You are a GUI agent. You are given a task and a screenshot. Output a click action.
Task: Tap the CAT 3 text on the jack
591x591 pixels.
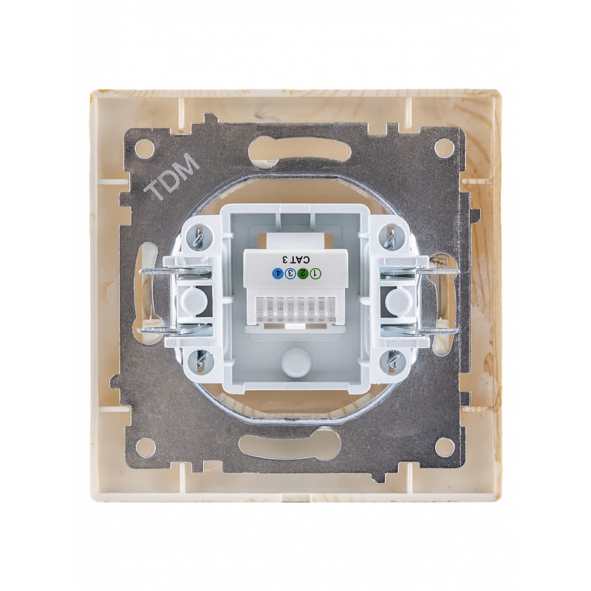tap(295, 260)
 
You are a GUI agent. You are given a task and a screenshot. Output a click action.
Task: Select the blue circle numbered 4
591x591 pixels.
tap(278, 273)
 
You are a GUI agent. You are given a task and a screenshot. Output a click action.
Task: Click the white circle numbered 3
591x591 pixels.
tap(290, 273)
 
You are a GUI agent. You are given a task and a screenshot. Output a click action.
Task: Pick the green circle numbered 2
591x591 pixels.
tap(302, 273)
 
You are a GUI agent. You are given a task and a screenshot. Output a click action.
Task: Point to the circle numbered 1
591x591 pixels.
tap(315, 273)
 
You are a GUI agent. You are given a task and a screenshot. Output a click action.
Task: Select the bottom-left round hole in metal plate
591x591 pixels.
tap(145, 447)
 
